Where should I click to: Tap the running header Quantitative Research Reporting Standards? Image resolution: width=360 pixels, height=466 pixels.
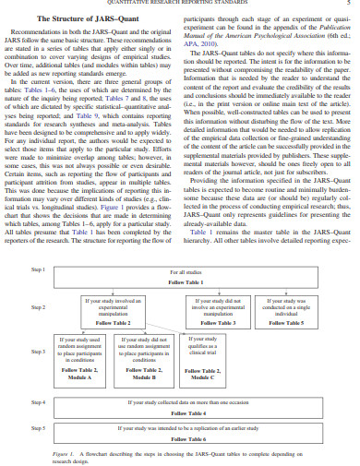click(x=180, y=3)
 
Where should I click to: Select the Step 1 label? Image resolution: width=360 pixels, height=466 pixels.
click(x=38, y=269)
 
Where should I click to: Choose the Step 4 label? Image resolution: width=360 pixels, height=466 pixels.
click(x=38, y=403)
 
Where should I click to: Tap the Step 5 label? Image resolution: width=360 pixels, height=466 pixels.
click(x=38, y=428)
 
